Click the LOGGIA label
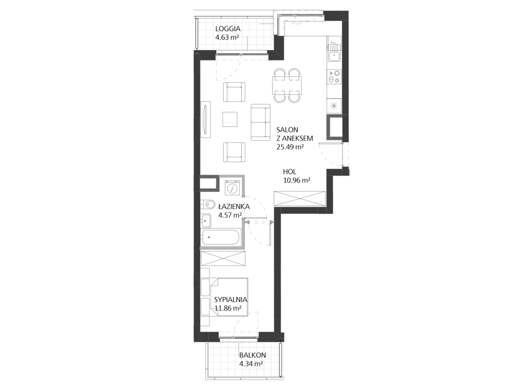point(228,29)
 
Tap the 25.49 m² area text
point(290,147)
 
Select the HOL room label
point(290,172)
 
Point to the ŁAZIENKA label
point(234,206)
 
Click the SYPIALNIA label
point(231,300)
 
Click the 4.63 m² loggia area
point(227,37)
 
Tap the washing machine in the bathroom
point(232,188)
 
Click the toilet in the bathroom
point(207,204)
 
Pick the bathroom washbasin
point(206,221)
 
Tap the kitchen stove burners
point(334,77)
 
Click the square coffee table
point(230,120)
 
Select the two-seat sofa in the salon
point(261,122)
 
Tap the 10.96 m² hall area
point(297,180)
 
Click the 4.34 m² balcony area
point(251,364)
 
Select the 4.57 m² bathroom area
point(230,215)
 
